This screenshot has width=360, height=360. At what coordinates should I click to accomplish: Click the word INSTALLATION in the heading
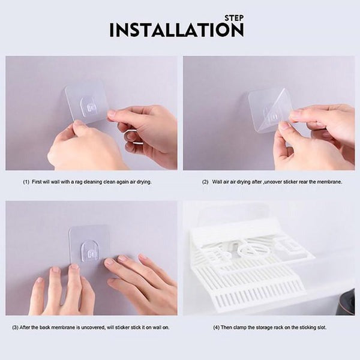click(176, 30)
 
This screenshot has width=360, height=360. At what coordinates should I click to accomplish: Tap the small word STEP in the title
click(234, 18)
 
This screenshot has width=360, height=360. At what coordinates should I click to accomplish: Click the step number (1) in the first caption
click(26, 182)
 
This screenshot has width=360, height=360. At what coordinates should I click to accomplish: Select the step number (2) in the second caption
click(205, 182)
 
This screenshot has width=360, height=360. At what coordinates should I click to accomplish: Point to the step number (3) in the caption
click(15, 328)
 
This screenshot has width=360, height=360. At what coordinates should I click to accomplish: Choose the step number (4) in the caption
click(216, 328)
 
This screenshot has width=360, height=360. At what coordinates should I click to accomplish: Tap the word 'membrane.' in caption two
click(329, 182)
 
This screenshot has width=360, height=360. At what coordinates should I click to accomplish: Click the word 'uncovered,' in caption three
click(93, 328)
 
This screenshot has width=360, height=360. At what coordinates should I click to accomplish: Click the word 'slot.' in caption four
click(321, 328)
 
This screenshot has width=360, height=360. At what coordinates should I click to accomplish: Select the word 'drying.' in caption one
click(144, 182)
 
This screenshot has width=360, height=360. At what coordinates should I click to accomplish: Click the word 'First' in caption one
click(37, 182)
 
